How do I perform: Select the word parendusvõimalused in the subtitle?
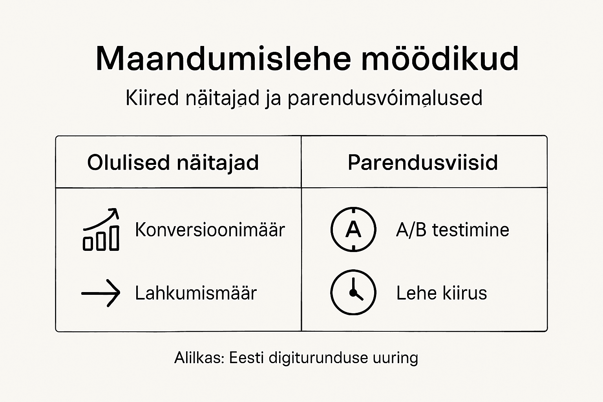coord(385,99)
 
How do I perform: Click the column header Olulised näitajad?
coord(173,163)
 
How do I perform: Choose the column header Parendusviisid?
coord(423,163)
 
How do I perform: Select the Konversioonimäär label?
coord(210,230)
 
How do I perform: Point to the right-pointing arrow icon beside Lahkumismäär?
coord(100,293)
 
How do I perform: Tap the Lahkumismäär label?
coord(196,293)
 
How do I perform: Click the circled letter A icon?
coord(353,229)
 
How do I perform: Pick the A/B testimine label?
coord(452,230)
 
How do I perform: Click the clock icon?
coord(353,292)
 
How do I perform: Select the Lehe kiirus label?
coord(441,293)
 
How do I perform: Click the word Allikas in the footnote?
coord(199,358)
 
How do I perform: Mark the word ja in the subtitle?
coord(273,99)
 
